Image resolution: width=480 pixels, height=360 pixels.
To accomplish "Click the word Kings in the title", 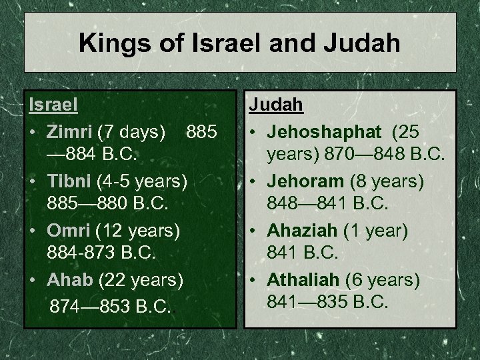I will [x=109, y=43].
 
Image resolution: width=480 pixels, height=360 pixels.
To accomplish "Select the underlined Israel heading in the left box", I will [x=53, y=105].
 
